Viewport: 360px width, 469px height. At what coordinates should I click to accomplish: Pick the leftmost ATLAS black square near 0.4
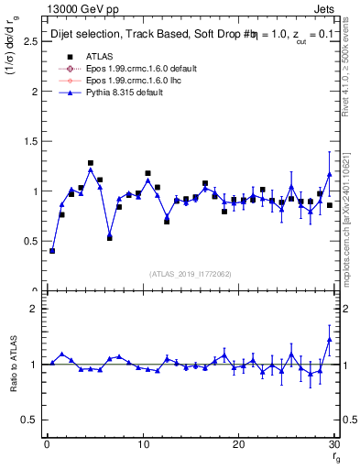click(x=52, y=250)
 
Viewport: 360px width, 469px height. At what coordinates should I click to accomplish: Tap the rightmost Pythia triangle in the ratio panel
click(x=330, y=339)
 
